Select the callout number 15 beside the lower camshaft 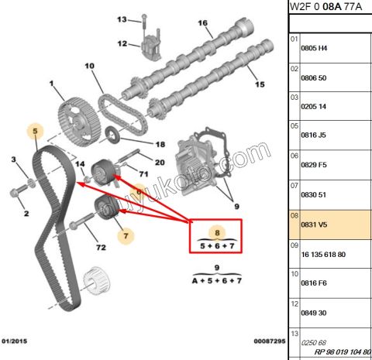point(260,84)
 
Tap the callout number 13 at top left point(122,19)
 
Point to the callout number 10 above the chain point(88,67)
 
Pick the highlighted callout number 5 point(36,132)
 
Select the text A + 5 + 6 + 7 point(218,281)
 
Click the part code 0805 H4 point(314,48)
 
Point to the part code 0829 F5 point(314,166)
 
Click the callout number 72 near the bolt point(99,247)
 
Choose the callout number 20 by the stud point(159,162)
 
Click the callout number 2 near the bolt point(26,213)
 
